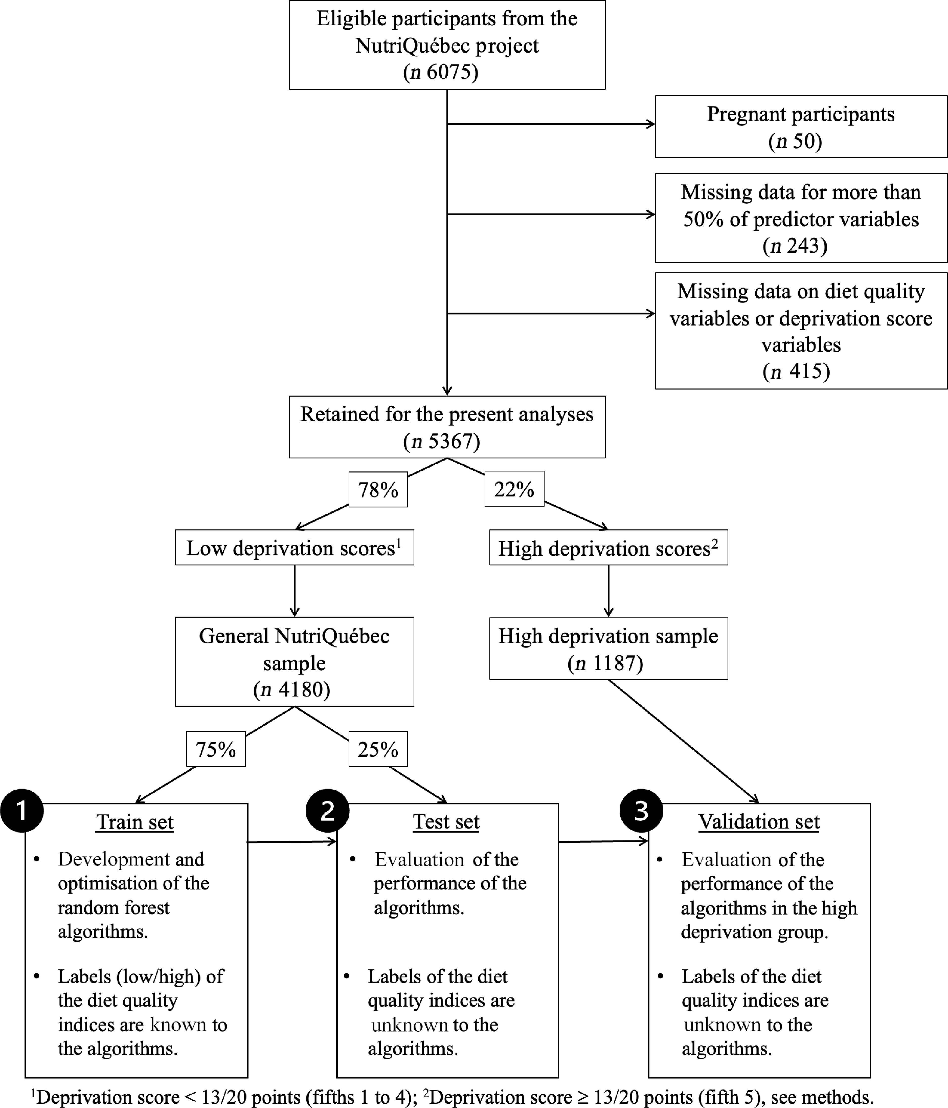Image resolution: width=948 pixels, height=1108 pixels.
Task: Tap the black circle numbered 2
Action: [328, 811]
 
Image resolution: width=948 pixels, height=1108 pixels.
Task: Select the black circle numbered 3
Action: [641, 811]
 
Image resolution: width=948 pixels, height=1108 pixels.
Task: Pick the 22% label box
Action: [514, 489]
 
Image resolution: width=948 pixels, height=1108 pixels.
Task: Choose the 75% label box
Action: [216, 749]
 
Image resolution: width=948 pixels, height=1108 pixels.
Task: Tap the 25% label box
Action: [378, 749]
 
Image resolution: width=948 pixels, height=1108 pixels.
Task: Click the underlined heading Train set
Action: [135, 822]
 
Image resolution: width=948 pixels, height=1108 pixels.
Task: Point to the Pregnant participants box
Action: [801, 127]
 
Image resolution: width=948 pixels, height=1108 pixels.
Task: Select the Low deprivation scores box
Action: [295, 548]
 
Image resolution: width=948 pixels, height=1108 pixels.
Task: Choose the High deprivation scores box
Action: [609, 548]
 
